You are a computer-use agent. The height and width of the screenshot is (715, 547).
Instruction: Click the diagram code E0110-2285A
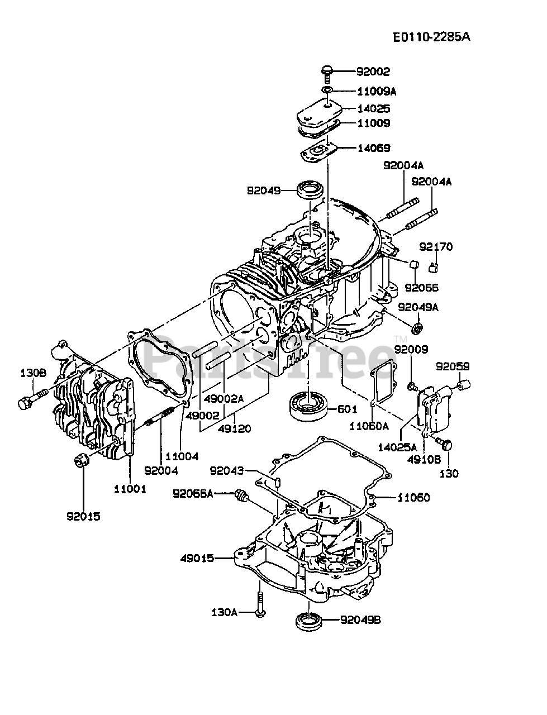click(x=431, y=37)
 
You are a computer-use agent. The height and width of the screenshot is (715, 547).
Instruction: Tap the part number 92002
click(x=374, y=71)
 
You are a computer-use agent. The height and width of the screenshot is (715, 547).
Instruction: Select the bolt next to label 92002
click(x=327, y=73)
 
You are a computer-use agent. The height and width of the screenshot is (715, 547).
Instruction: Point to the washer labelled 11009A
click(x=327, y=90)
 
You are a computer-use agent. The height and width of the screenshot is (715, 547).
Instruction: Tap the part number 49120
click(x=235, y=428)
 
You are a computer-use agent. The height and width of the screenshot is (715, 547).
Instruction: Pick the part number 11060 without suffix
click(x=413, y=497)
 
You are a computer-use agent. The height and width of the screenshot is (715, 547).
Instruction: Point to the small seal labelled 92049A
click(x=417, y=327)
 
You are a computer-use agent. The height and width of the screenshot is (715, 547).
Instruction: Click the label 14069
click(x=374, y=148)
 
